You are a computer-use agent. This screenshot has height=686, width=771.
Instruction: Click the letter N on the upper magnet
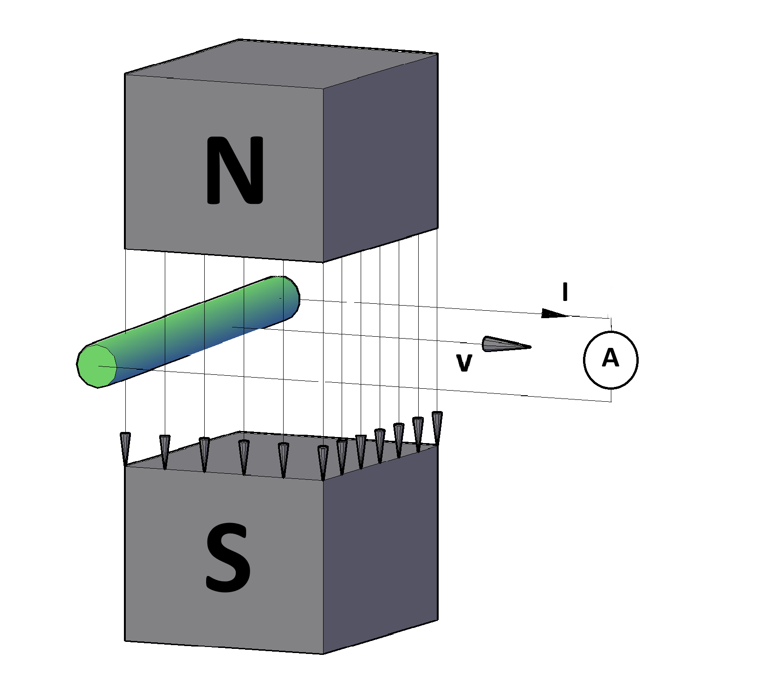pos(235,170)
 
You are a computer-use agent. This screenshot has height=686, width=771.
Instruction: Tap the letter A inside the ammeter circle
pos(610,358)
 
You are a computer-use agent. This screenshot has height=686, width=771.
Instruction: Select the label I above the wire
pos(565,292)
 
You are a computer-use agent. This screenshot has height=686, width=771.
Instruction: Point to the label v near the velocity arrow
pos(464,362)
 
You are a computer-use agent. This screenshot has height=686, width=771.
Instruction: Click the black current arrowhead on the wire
pos(554,314)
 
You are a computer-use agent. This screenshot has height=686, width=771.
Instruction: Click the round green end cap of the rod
pos(97,366)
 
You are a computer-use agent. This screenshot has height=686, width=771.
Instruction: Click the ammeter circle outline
pos(584,360)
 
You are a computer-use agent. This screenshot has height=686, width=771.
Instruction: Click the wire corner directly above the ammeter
pos(610,319)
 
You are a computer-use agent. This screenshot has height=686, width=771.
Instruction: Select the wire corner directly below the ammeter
pos(611,401)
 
